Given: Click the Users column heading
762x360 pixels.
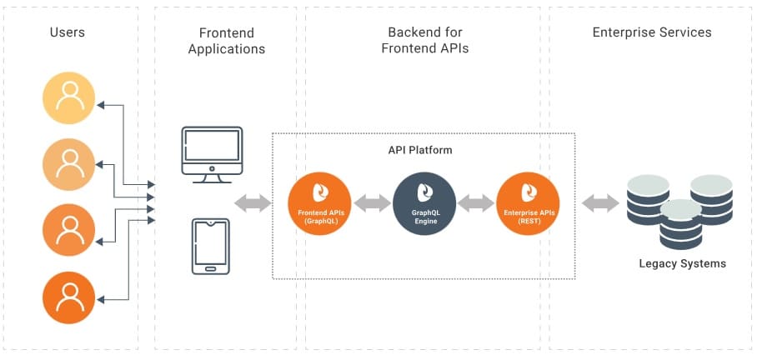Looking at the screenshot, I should (x=68, y=32).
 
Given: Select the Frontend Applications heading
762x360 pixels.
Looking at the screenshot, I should (x=226, y=41).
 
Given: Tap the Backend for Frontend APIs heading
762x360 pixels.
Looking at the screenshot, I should (x=425, y=40).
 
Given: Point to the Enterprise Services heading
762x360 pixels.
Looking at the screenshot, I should (x=652, y=32).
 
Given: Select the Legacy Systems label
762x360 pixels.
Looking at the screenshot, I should (x=682, y=263).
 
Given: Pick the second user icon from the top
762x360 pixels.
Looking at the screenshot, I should (x=70, y=163).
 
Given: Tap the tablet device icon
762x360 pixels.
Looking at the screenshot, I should (x=210, y=246).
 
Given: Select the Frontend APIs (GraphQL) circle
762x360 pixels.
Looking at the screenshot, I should (x=319, y=204).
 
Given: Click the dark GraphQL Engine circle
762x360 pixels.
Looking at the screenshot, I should (x=424, y=204).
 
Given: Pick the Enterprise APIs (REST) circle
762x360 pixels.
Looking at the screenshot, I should (x=528, y=204).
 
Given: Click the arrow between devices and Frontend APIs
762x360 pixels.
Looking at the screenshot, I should (x=253, y=202).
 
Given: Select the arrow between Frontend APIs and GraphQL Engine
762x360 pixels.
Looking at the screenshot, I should (x=372, y=202).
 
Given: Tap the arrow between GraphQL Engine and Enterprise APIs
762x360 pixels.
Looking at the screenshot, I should (x=476, y=202).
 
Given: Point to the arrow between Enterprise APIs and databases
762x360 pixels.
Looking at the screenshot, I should (x=599, y=202).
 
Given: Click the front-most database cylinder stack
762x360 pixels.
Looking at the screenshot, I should (x=680, y=224).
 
